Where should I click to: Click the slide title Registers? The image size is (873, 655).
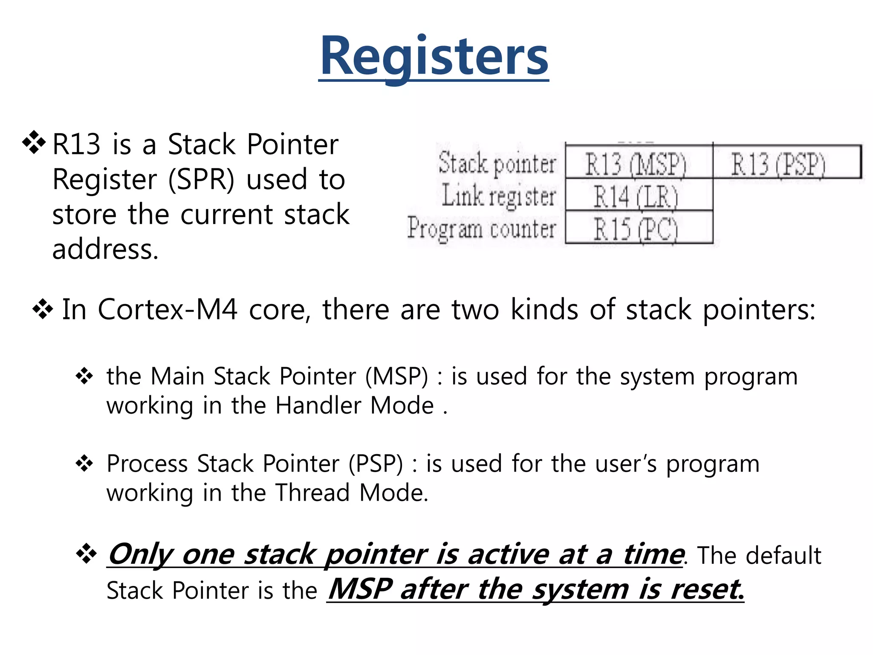[x=434, y=57]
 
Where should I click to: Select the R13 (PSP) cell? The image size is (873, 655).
[x=778, y=164]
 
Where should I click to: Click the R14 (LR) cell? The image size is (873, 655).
[x=636, y=197]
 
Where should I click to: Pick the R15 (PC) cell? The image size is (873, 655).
[x=636, y=229]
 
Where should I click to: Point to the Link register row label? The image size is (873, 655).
[x=499, y=196]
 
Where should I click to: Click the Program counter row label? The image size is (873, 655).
[x=482, y=229]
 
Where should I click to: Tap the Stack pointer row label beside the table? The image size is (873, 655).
[x=497, y=163]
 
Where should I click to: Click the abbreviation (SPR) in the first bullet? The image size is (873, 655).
[x=201, y=180]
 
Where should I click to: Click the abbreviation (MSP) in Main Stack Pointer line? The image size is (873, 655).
[x=396, y=377]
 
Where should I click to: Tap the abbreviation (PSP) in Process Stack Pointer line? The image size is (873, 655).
[x=376, y=464]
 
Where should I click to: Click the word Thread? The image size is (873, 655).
[x=312, y=493]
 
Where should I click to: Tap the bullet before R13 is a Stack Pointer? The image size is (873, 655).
[x=34, y=143]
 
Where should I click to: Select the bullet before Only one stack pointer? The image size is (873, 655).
[x=87, y=554]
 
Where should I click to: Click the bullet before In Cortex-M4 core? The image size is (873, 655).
[x=43, y=309]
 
